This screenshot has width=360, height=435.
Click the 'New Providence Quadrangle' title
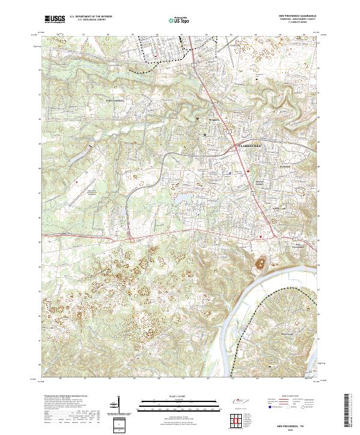tap(298, 16)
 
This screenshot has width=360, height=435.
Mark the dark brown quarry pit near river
tap(261, 263)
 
